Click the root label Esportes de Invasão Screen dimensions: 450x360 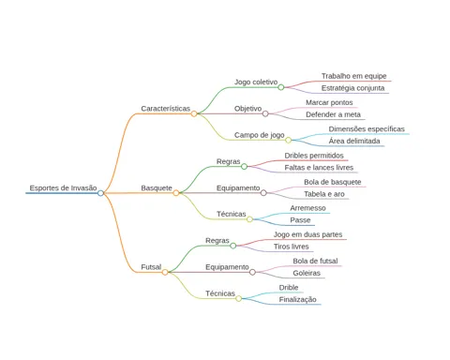(63, 187)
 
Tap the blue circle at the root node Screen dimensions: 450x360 (100, 193)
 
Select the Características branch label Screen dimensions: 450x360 (165, 109)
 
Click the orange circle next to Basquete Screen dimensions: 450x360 (176, 193)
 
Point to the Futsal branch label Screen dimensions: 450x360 (151, 267)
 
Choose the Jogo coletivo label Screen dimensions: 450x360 (256, 82)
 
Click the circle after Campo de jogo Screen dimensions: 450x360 (288, 140)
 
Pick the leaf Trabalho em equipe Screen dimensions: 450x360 (354, 76)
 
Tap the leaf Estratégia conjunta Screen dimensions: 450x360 (352, 88)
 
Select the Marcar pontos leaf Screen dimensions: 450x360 (329, 102)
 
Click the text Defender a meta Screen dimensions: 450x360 (333, 114)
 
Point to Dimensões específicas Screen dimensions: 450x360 (367, 129)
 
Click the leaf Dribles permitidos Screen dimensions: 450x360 (314, 156)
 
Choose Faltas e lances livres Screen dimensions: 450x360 (319, 168)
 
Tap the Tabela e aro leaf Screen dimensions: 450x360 (324, 194)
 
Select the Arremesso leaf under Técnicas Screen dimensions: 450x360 (307, 208)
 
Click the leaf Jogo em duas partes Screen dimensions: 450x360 (307, 234)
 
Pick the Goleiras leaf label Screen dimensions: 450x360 (307, 273)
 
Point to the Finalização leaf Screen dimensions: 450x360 (297, 299)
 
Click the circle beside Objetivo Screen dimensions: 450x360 (265, 113)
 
